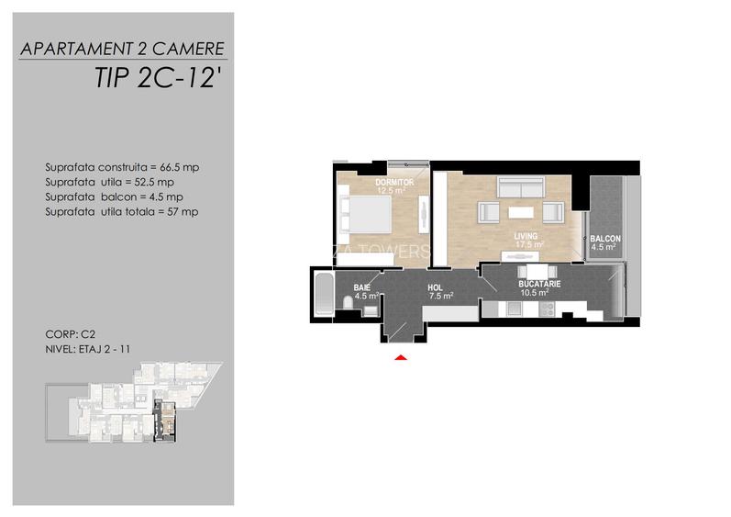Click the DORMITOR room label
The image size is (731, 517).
coord(395,183)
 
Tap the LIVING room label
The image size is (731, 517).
coord(527,235)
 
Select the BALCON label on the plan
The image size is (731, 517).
coord(605,239)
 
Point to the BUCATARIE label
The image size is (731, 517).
coord(539,284)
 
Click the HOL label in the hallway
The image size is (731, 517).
coord(435,288)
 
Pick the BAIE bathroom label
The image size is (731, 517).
coord(361,288)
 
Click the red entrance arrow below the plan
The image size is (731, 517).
coord(400,357)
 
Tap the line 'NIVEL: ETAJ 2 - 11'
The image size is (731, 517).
coord(88,350)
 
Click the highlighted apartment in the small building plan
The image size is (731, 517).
coord(167,421)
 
